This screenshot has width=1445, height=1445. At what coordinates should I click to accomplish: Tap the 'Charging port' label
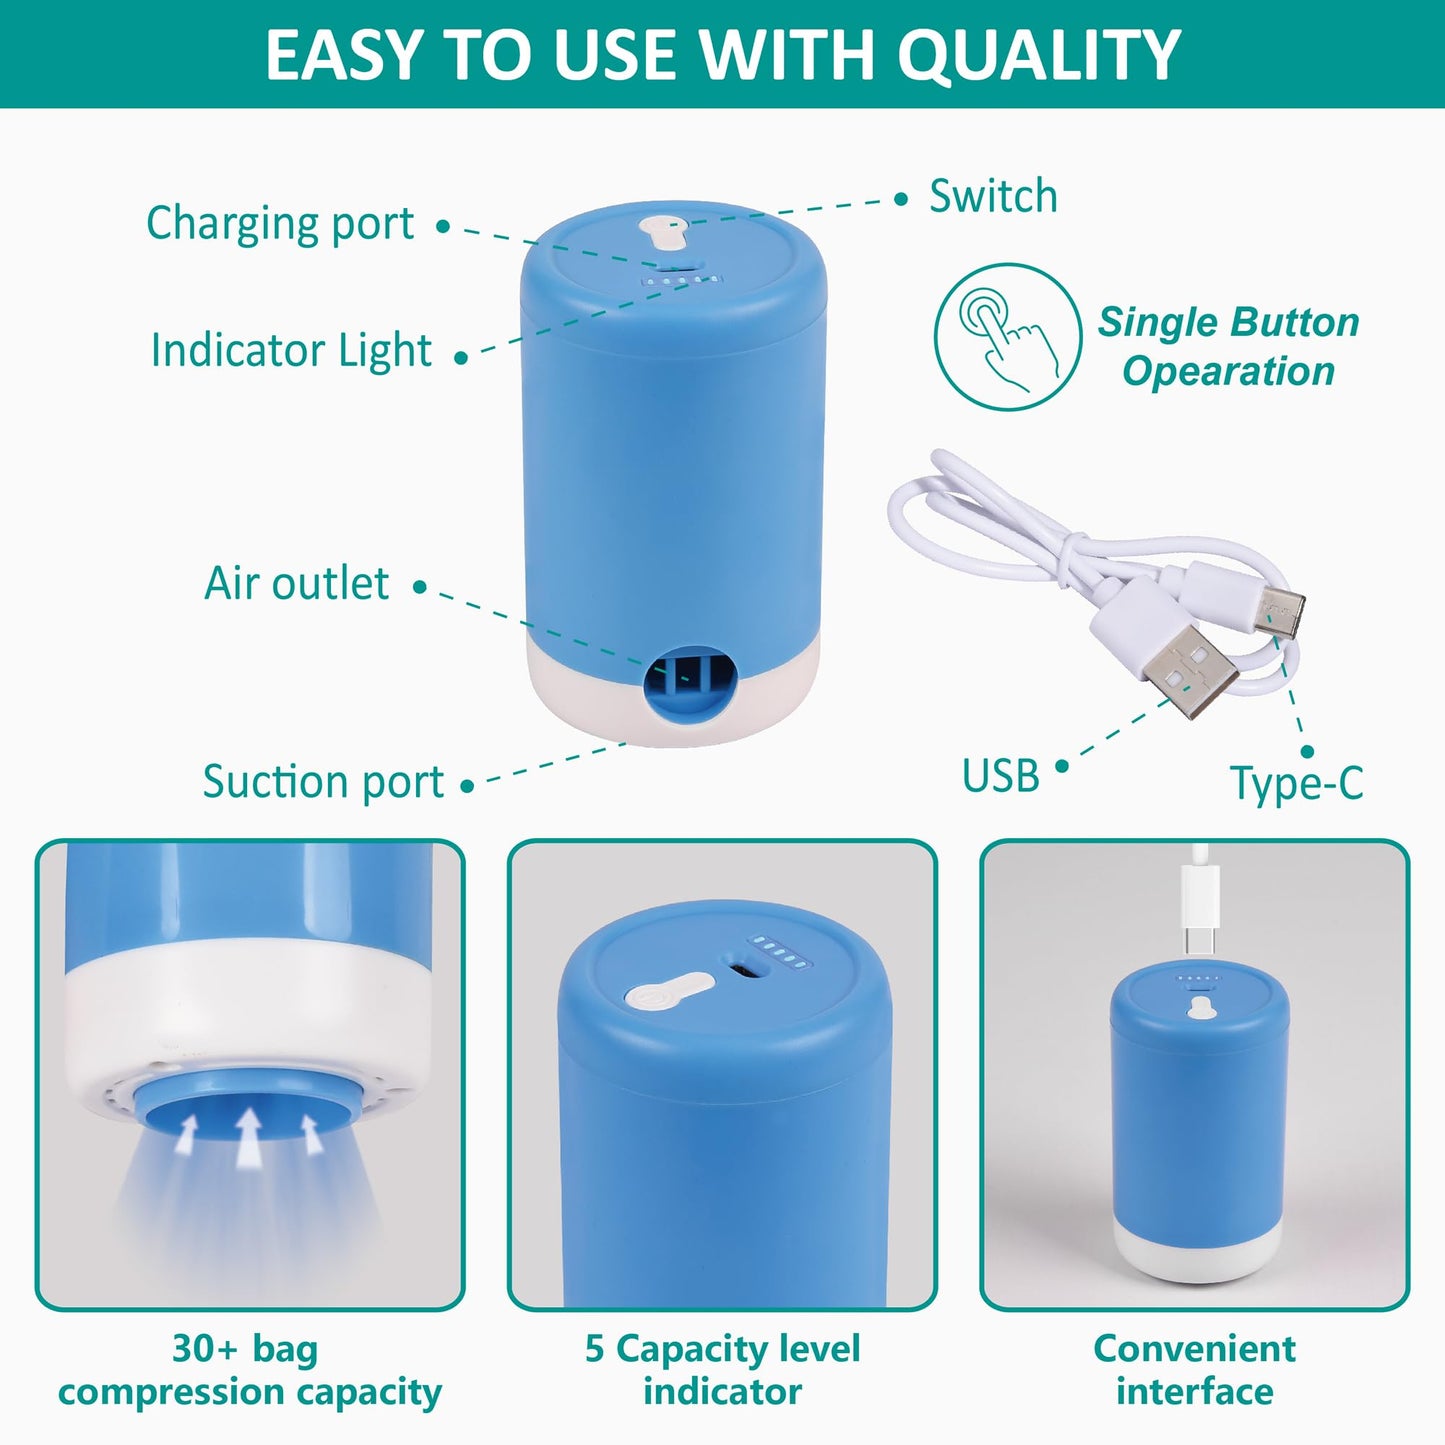pyautogui.click(x=280, y=223)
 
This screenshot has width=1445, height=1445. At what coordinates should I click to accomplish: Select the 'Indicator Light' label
pyautogui.click(x=291, y=350)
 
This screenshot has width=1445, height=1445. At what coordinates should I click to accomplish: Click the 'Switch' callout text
pyautogui.click(x=993, y=196)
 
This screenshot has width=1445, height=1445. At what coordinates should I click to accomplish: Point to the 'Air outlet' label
pyautogui.click(x=296, y=583)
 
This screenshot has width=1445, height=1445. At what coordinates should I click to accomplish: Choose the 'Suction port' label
pyautogui.click(x=323, y=781)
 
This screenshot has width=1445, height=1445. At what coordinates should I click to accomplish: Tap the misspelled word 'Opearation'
pyautogui.click(x=1228, y=371)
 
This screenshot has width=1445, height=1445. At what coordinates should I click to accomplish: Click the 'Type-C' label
pyautogui.click(x=1296, y=783)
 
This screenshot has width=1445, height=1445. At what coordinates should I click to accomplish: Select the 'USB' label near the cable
pyautogui.click(x=1000, y=776)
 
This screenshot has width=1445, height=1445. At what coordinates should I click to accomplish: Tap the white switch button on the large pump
pyautogui.click(x=665, y=232)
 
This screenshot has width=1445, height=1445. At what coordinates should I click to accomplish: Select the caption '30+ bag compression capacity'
pyautogui.click(x=249, y=1370)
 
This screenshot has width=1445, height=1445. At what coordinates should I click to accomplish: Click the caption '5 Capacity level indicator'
pyautogui.click(x=722, y=1370)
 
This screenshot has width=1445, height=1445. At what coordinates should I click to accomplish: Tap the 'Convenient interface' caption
pyautogui.click(x=1194, y=1370)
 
